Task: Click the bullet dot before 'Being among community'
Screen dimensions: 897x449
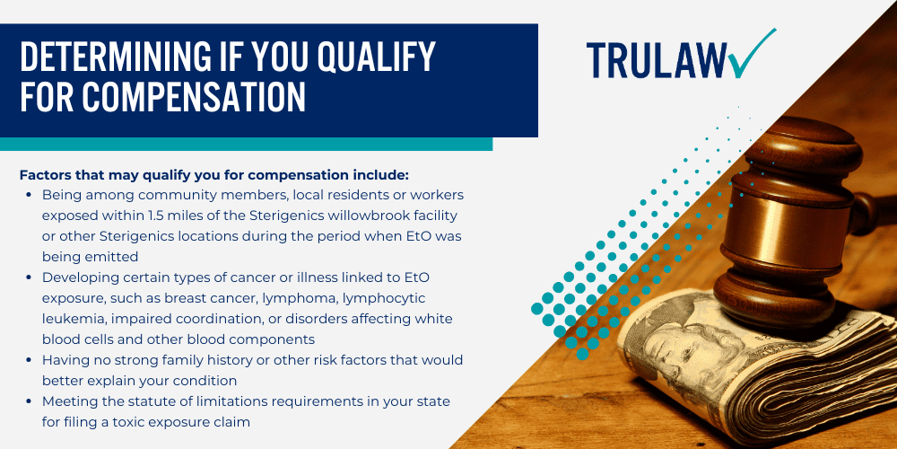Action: tap(29, 195)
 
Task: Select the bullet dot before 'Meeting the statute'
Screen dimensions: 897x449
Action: tap(29, 402)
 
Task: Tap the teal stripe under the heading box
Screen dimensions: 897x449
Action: tap(246, 144)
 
